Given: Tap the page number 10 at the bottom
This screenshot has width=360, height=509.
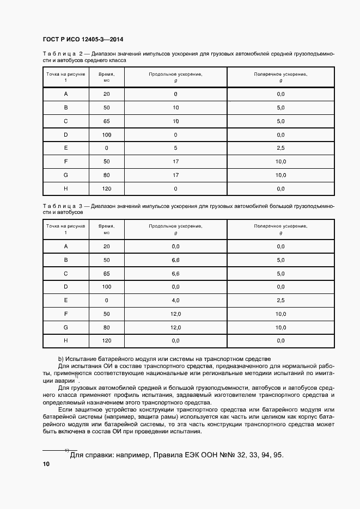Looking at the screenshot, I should point(46,464).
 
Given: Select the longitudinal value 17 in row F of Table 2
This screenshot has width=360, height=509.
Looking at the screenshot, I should point(175,162).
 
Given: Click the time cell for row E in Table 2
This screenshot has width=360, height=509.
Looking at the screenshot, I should point(106,148).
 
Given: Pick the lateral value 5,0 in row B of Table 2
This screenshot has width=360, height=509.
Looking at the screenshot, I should point(280,108).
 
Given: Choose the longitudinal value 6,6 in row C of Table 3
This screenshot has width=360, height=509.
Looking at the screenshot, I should point(175,273).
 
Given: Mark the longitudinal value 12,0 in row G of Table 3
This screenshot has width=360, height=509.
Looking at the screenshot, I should point(175,327).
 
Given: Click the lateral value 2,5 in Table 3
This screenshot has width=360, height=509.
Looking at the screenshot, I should point(280,300).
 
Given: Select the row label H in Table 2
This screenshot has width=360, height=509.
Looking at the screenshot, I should point(66,188).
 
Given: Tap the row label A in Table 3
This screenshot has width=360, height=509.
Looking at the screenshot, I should point(66,246).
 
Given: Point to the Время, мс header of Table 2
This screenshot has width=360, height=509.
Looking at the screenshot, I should point(106,77).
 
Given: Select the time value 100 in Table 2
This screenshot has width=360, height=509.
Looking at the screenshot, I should point(106,134).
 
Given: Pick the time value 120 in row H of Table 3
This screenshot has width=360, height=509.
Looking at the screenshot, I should point(106,340).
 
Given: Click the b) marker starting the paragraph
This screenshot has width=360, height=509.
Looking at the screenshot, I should point(61,359).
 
